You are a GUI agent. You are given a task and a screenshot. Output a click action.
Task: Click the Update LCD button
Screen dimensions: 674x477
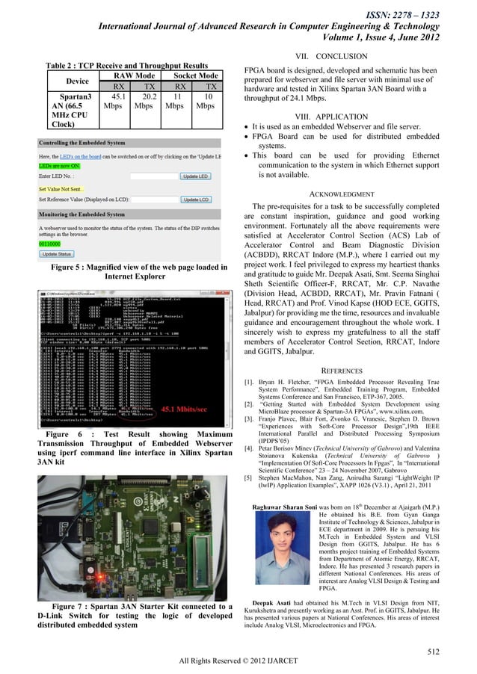tap(197, 200)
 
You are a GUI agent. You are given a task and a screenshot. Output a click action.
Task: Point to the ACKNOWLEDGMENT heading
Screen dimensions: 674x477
tap(342, 194)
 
